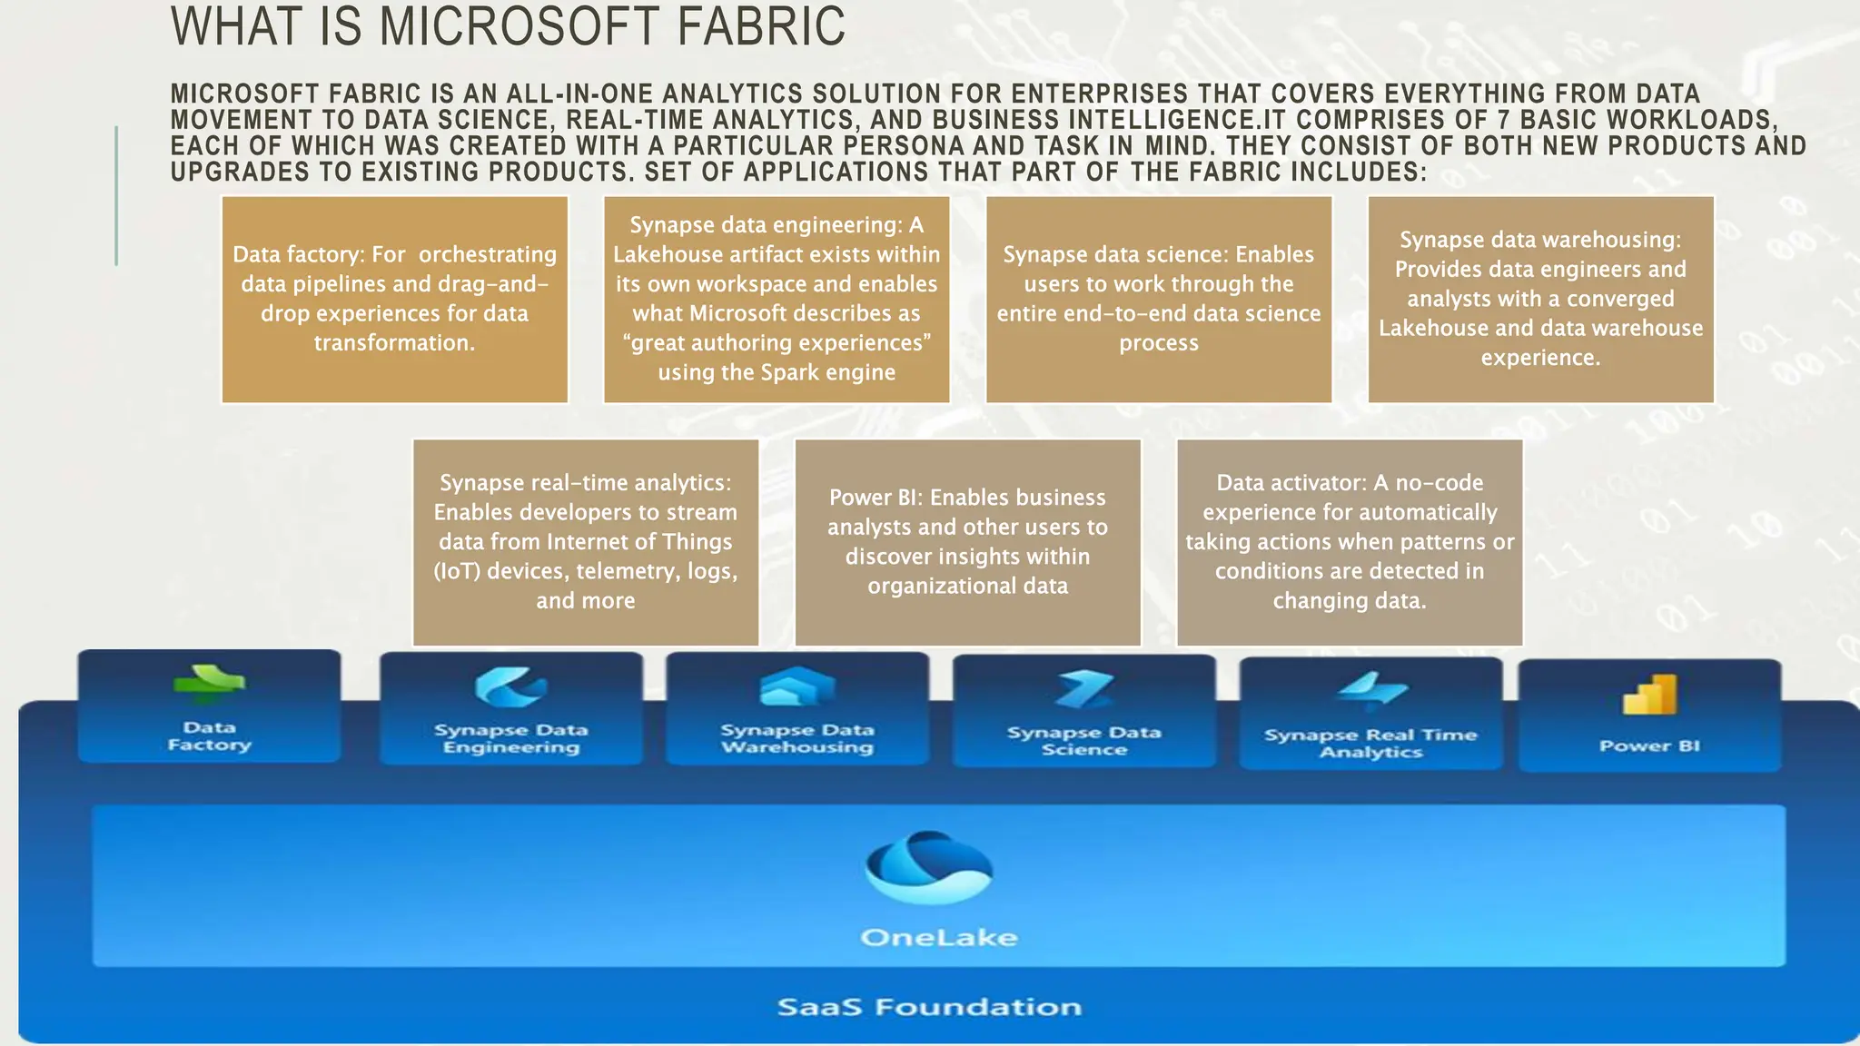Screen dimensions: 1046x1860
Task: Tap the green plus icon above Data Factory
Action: click(x=209, y=685)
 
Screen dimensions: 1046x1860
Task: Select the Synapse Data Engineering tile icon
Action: click(x=510, y=687)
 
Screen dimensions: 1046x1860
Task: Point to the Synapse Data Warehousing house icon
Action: click(x=796, y=687)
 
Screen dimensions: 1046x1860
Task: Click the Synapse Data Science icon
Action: click(x=1083, y=690)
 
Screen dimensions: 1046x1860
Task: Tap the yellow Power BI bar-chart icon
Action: click(x=1649, y=695)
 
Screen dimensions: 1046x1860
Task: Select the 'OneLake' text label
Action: click(x=938, y=937)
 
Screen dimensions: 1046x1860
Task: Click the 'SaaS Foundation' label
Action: click(x=929, y=1007)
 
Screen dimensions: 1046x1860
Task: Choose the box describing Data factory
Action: click(x=395, y=300)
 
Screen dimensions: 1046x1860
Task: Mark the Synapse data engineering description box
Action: click(x=777, y=300)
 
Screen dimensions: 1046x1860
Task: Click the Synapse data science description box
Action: click(x=1159, y=300)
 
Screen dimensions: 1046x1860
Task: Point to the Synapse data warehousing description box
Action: click(x=1540, y=300)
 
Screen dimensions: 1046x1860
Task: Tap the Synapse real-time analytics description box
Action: click(x=586, y=542)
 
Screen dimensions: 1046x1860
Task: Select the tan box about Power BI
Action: click(x=967, y=542)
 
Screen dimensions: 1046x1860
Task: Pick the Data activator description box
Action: click(x=1350, y=542)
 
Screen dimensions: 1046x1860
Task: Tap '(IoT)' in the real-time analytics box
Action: click(x=456, y=571)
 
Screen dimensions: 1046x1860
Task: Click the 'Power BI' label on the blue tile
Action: click(x=1649, y=746)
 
